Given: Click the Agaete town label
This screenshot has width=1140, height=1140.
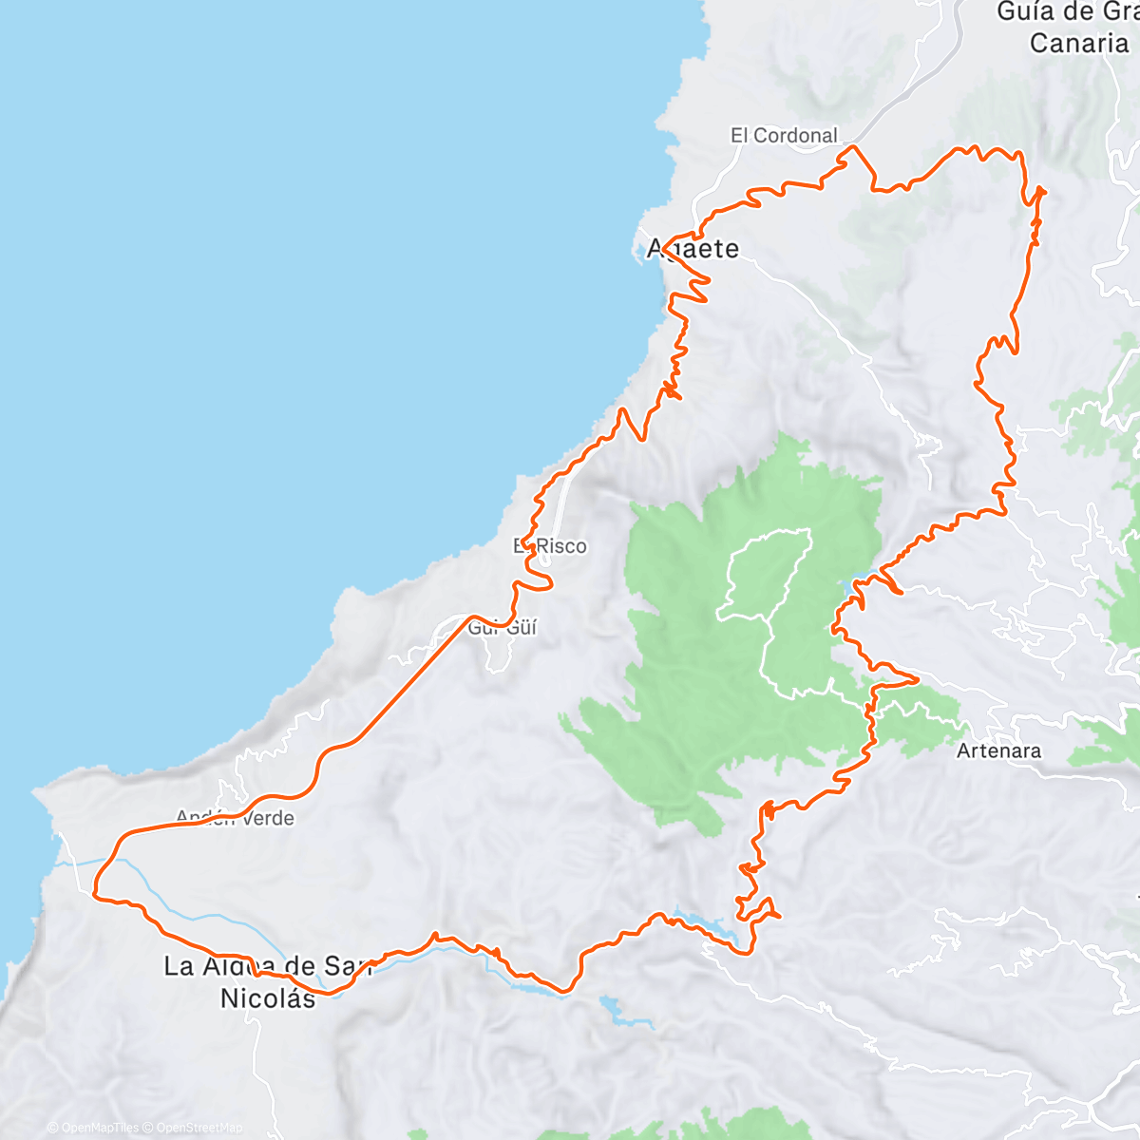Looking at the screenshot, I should coord(693,249).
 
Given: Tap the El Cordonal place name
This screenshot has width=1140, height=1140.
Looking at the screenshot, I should coord(784,136).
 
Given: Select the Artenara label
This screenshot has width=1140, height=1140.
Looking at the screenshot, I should coord(998,750).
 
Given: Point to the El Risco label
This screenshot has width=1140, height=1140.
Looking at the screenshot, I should coord(551,546).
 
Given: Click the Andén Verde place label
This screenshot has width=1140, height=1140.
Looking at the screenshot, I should coord(235,818).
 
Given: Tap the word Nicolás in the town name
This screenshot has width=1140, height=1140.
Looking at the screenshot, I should coord(267,998).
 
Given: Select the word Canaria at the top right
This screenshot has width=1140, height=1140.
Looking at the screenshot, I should coord(1078,43).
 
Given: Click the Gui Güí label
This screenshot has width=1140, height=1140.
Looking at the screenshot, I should coord(503,627).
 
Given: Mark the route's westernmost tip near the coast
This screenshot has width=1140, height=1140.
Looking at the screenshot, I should coord(95,893).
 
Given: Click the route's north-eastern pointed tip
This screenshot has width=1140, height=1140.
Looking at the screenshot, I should coord(1043,190).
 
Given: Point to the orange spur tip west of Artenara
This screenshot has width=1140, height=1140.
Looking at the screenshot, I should coord(915,678).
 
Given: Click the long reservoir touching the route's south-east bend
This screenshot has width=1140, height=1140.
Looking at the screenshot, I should coord(708,925).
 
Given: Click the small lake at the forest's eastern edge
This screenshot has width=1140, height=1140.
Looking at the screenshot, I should coord(848,590).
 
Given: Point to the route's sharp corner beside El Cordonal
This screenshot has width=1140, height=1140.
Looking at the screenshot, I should coord(853,146).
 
